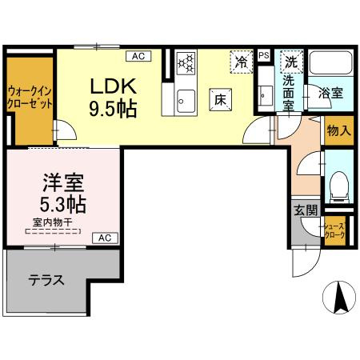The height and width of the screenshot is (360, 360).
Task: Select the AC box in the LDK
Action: tap(137, 56)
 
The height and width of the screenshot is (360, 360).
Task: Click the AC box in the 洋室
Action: tap(105, 238)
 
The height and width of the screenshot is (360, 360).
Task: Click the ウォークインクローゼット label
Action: tap(30, 98)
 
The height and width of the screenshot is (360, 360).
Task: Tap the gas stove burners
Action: tap(185, 62)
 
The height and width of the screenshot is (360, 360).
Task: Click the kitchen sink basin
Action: tap(186, 100)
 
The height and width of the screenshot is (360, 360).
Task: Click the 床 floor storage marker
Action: tap(221, 98)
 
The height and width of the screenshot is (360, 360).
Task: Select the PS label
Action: tap(264, 55)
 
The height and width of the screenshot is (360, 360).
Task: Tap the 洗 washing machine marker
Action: tap(292, 62)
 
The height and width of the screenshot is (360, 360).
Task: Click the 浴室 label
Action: tap(330, 92)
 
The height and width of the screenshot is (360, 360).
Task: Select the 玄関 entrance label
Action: tap(305, 210)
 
